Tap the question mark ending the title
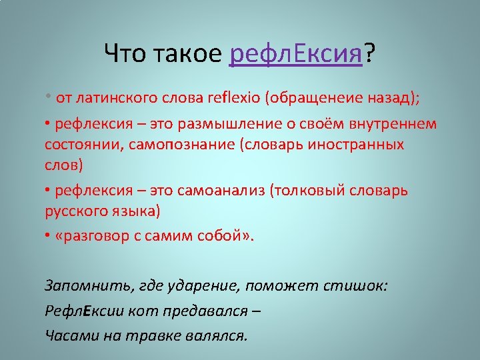coord(369,53)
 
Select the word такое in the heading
coord(187,53)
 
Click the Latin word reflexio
coord(233,97)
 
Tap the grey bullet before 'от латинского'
coord(48,96)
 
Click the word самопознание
coord(181,145)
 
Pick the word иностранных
coord(356,145)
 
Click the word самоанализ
coord(221,191)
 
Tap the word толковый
coord(308,191)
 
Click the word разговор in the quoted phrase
coord(92,236)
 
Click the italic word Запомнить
coord(89,285)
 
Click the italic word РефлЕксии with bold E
coord(85,311)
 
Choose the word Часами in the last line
coord(72,336)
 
